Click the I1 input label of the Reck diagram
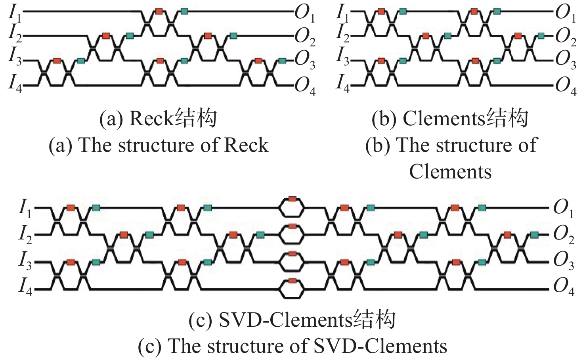tap(15, 13)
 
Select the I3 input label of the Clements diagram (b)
tap(342, 59)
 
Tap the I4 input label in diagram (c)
tap(25, 286)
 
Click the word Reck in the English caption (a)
tap(247, 145)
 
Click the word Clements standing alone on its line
tap(450, 172)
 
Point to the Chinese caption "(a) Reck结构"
tap(158, 118)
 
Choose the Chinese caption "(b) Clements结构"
tap(450, 118)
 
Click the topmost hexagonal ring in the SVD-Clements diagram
tap(292, 207)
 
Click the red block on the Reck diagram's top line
tap(159, 11)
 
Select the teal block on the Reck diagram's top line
tap(184, 11)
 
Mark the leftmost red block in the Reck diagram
tap(57, 61)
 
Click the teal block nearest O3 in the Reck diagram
tap(282, 61)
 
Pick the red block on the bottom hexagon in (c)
tap(292, 281)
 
